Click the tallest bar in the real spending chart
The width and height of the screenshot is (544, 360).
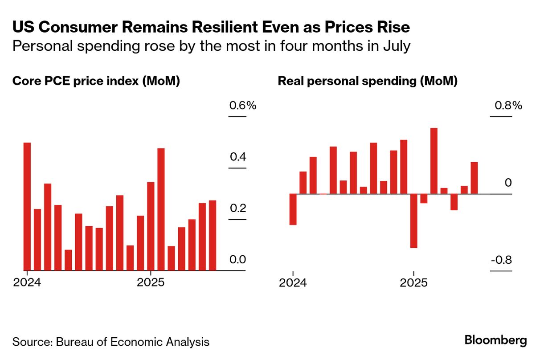tap(434, 161)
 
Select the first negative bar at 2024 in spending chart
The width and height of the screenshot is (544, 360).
tap(293, 209)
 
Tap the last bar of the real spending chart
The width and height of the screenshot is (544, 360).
tap(474, 178)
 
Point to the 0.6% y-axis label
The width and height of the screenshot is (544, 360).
tap(242, 106)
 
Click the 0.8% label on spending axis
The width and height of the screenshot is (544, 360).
tap(507, 106)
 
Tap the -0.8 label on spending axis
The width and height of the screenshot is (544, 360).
tap(501, 260)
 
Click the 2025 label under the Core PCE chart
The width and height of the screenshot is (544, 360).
tap(150, 283)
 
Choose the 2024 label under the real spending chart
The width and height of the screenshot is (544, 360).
tap(293, 283)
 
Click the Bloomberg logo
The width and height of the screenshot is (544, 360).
tap(495, 341)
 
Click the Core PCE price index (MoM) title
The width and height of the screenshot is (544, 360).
tap(96, 81)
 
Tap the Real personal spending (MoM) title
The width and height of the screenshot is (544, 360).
tap(368, 81)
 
